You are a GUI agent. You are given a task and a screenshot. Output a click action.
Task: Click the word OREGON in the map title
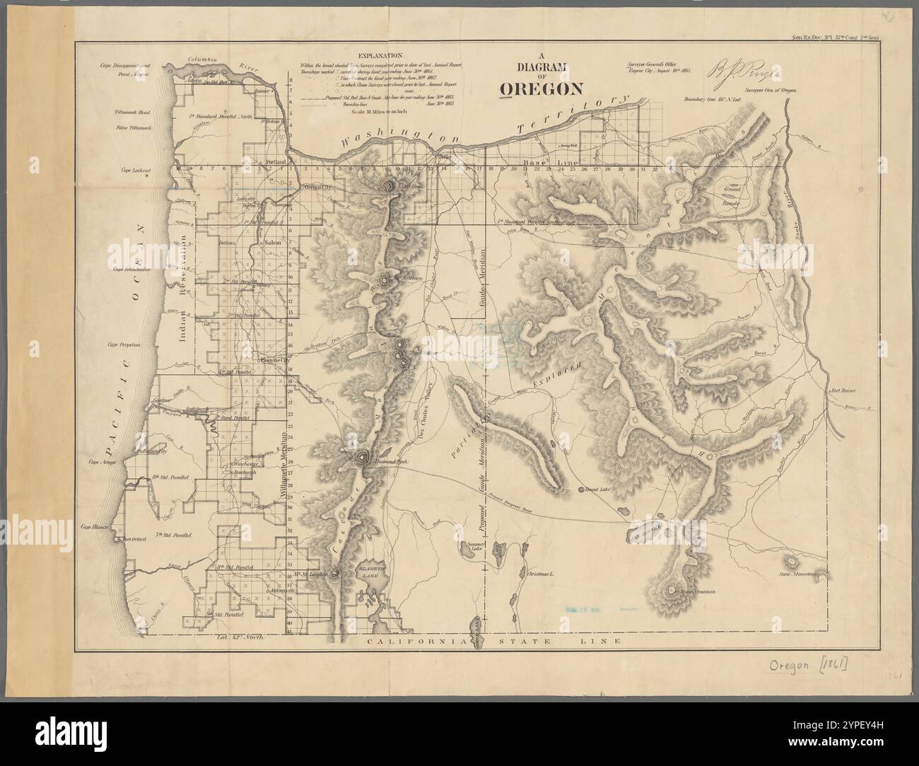(541, 88)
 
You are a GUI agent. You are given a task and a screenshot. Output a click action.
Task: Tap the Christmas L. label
(542, 574)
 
